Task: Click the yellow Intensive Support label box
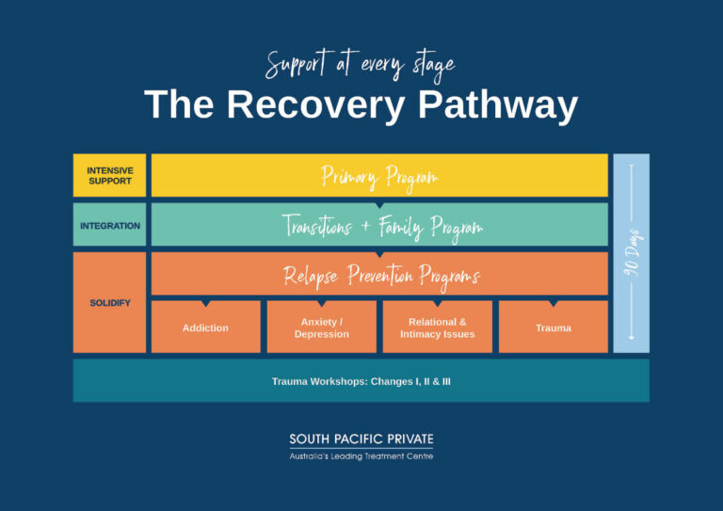pyautogui.click(x=109, y=175)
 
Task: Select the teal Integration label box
pyautogui.click(x=109, y=225)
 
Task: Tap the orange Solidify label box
pyautogui.click(x=109, y=302)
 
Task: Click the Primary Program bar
pyautogui.click(x=379, y=175)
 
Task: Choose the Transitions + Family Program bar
pyautogui.click(x=379, y=225)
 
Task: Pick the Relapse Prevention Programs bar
pyautogui.click(x=379, y=275)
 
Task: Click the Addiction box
pyautogui.click(x=205, y=327)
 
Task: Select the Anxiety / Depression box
pyautogui.click(x=321, y=327)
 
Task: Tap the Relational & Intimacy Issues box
pyautogui.click(x=437, y=327)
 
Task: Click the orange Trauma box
pyautogui.click(x=553, y=327)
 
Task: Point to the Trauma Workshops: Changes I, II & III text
pyautogui.click(x=361, y=381)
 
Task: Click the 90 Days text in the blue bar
pyautogui.click(x=632, y=252)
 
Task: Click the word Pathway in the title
pyautogui.click(x=497, y=105)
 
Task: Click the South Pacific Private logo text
pyautogui.click(x=361, y=439)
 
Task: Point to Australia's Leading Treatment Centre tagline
pyautogui.click(x=361, y=456)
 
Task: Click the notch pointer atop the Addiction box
pyautogui.click(x=205, y=304)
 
